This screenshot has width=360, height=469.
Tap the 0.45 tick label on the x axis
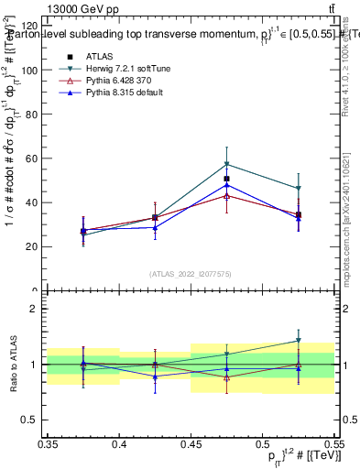pos(191,443)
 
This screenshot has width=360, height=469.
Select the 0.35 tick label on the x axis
pos(49,443)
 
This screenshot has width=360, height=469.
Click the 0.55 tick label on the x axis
pos(333,443)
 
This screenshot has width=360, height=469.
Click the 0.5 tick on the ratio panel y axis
pos(35,420)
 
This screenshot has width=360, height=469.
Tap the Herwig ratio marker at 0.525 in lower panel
pos(298,341)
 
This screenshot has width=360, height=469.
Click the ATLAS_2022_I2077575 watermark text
pos(191,274)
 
